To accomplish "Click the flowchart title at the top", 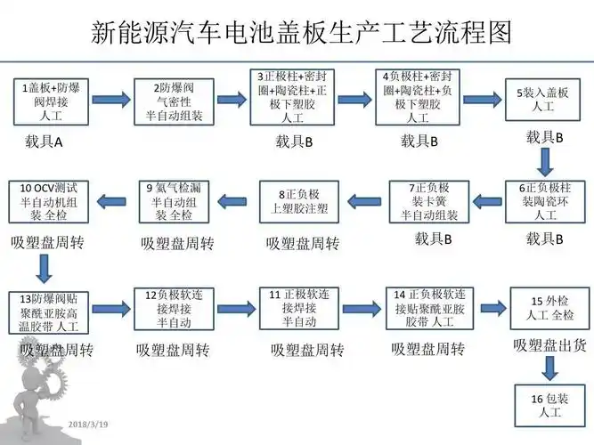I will [303, 32].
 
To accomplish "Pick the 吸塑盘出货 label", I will [545, 344].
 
